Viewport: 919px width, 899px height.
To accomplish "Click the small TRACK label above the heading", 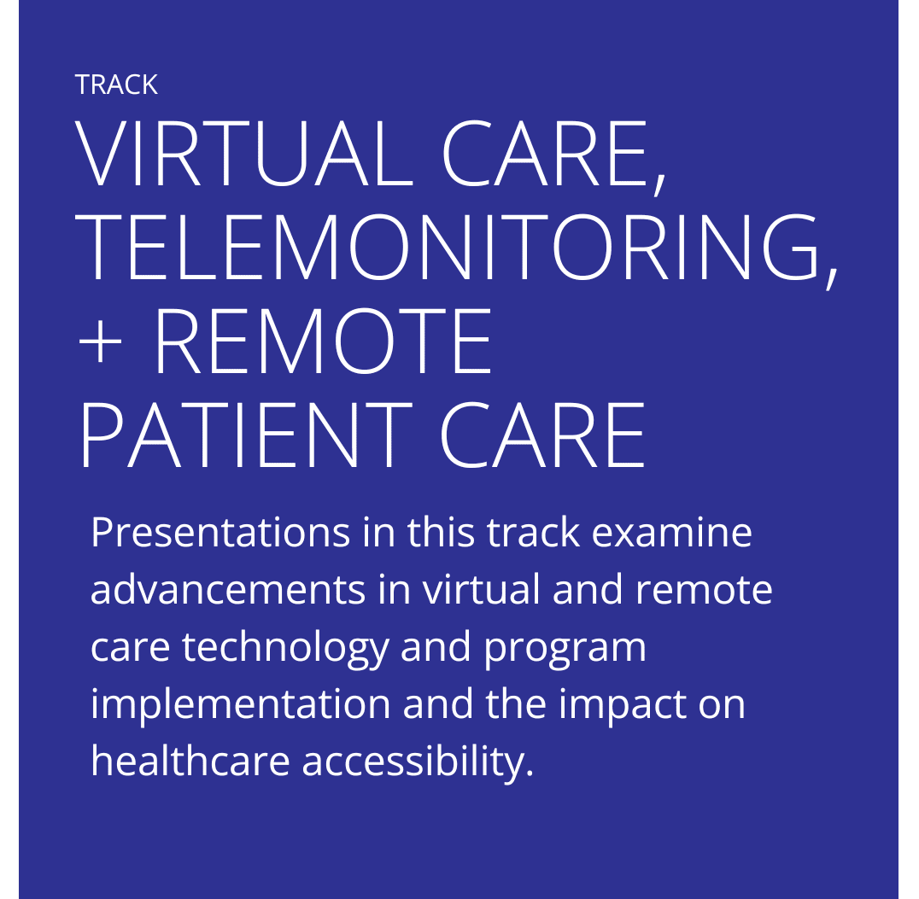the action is tap(116, 85).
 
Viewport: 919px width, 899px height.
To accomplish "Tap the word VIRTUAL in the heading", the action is tap(244, 154).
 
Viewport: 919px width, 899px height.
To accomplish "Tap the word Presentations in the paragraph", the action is tap(220, 533).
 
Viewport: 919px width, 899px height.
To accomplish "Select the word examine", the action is tap(671, 533).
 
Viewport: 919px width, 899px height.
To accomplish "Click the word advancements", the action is tap(228, 590).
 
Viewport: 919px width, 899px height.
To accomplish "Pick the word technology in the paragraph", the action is tap(286, 648).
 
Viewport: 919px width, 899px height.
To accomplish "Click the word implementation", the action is tap(240, 705).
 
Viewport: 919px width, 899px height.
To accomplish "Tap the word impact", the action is tap(622, 705).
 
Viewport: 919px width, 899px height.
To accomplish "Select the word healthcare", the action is tap(190, 761).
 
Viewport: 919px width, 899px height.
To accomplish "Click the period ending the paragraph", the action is tap(530, 773).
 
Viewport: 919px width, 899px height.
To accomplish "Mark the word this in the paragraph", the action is tap(441, 533).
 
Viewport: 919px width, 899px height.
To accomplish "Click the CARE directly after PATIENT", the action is tap(542, 435).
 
